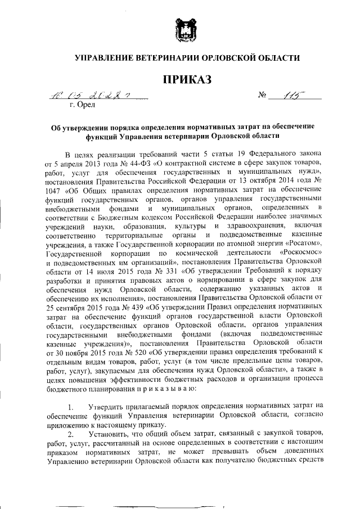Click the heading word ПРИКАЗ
click(x=179, y=80)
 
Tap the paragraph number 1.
click(x=70, y=407)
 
